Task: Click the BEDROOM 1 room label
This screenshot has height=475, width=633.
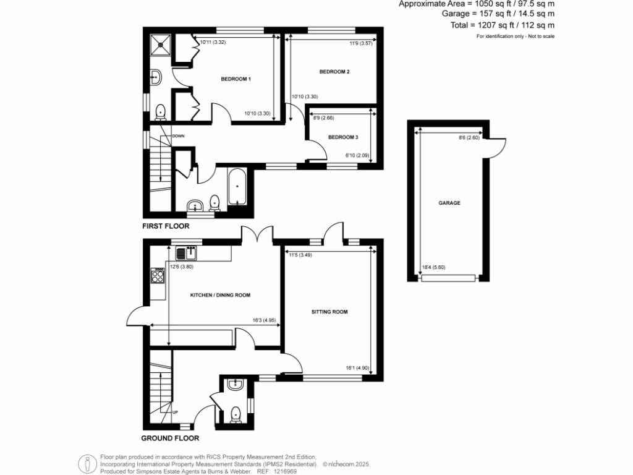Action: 236,79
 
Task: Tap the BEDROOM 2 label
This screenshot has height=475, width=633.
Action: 334,72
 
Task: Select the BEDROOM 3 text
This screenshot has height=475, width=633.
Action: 343,137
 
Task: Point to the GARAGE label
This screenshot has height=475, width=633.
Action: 449,203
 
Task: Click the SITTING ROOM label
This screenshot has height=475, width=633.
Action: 329,312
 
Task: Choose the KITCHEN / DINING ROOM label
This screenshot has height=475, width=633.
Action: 219,296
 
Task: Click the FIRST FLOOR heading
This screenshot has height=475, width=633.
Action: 166,226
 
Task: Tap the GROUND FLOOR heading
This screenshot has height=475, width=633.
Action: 170,438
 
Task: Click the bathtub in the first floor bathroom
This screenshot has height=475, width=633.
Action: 237,187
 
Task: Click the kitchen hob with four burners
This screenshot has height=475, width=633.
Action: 157,275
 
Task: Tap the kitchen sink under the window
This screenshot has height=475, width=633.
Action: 187,252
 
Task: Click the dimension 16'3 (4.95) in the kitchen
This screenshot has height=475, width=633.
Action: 260,320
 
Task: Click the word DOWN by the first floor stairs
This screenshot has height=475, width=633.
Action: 178,136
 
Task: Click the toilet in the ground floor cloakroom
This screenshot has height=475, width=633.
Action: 236,414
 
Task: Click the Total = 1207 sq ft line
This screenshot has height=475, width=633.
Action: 502,25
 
